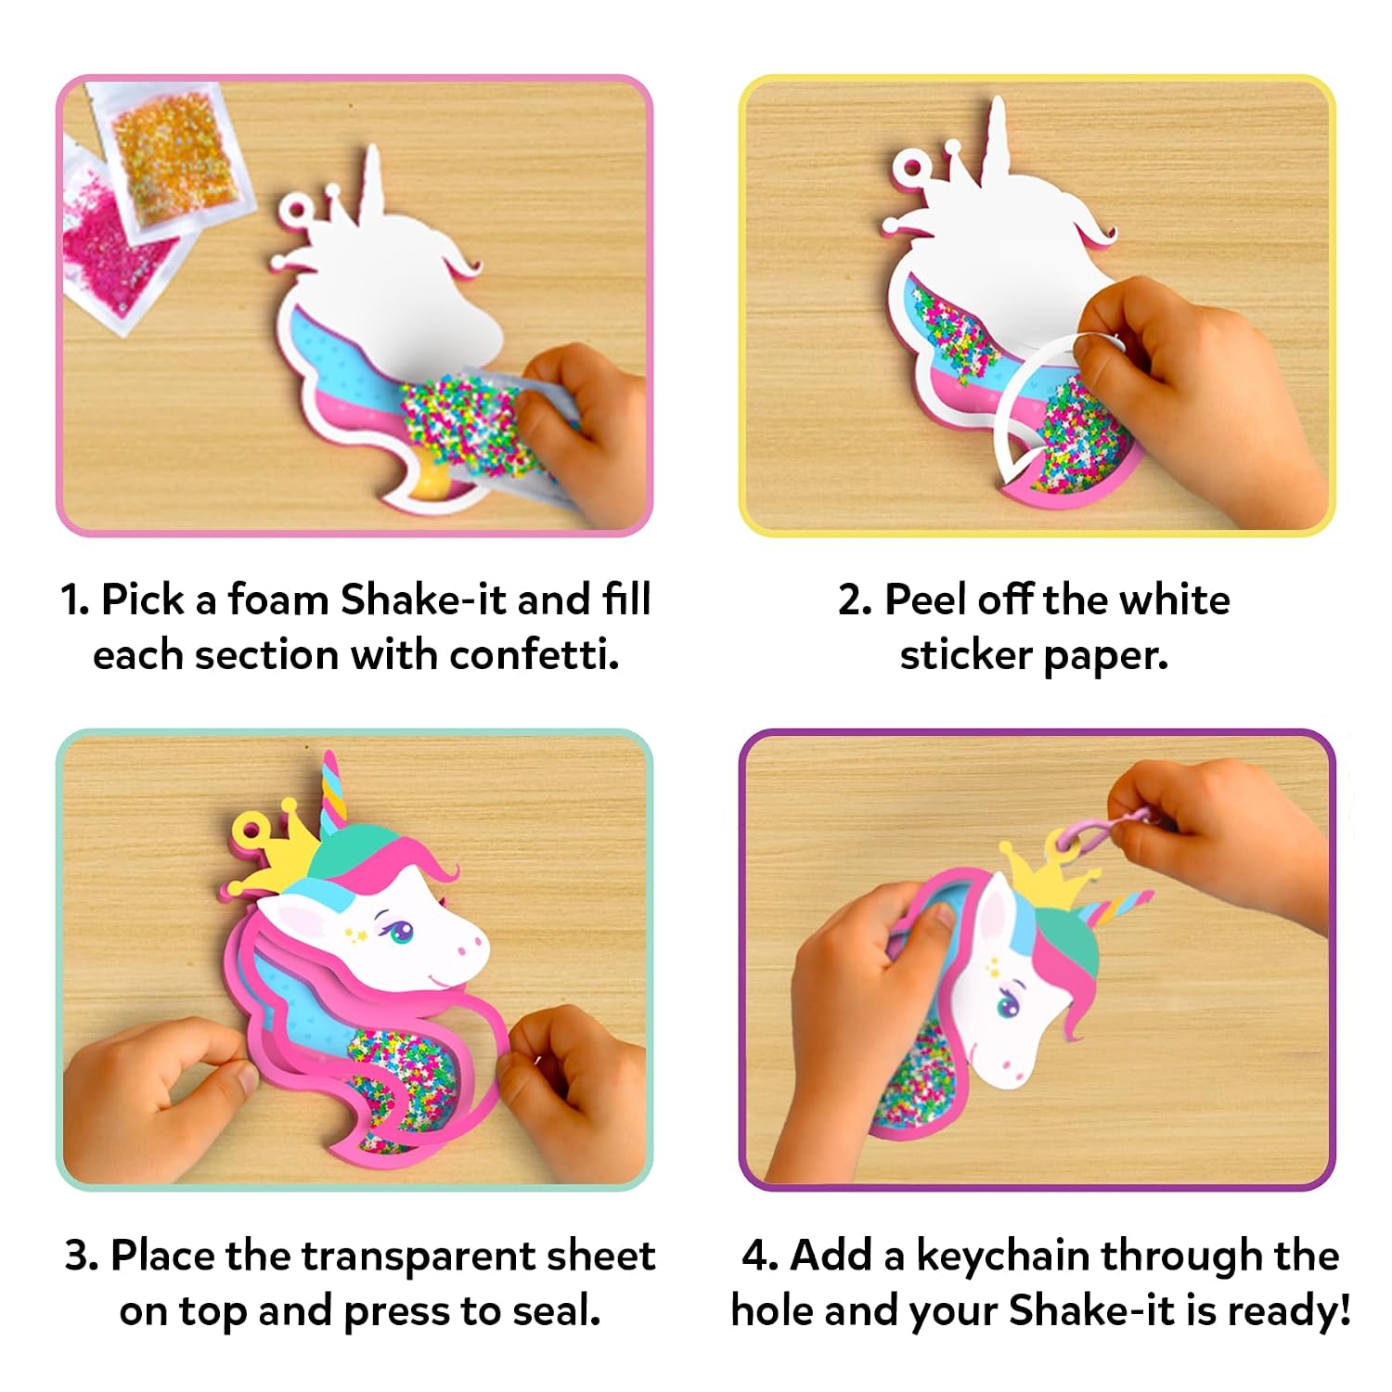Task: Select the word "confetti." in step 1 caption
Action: tap(535, 655)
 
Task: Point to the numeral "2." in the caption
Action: tap(855, 601)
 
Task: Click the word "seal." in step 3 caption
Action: tap(555, 1311)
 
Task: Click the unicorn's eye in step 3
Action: tap(399, 930)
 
